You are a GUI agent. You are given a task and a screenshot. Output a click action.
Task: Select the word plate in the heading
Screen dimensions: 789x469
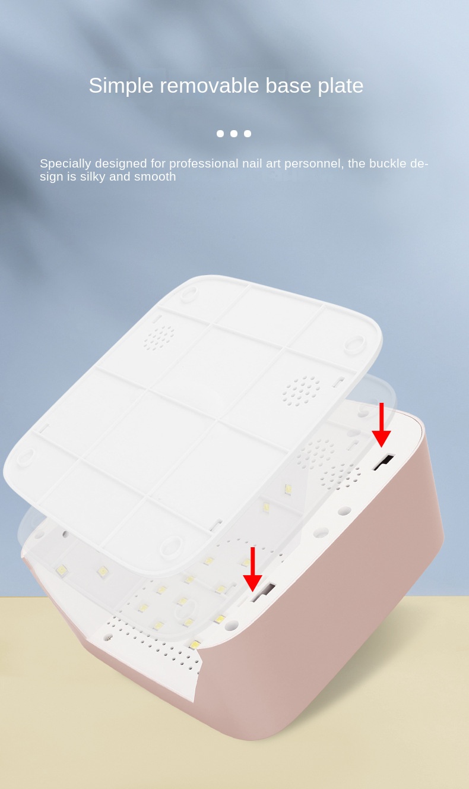coord(340,86)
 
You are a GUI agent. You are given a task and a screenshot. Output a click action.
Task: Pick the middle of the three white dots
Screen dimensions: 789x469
coord(234,134)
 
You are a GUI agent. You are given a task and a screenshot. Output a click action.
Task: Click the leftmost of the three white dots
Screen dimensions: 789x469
coord(220,134)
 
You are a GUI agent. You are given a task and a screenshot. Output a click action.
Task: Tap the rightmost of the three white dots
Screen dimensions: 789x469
coord(248,134)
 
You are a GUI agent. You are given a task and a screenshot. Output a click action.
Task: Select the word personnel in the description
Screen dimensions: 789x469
coord(313,164)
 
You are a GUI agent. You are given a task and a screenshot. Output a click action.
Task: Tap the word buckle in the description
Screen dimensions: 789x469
coord(391,164)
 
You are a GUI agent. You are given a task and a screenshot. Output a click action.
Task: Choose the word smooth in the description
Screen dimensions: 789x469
coord(155,177)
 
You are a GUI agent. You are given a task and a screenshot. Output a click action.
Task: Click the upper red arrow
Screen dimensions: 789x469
coord(381,425)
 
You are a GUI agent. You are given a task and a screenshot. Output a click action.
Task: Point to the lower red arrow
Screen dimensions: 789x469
coord(253,569)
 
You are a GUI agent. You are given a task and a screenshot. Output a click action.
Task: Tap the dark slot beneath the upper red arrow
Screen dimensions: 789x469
coord(384,462)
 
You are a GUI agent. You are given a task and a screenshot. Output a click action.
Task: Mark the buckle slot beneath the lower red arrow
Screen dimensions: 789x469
coord(263,592)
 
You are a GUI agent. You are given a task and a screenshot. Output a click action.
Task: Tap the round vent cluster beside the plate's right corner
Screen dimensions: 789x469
coord(301,390)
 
